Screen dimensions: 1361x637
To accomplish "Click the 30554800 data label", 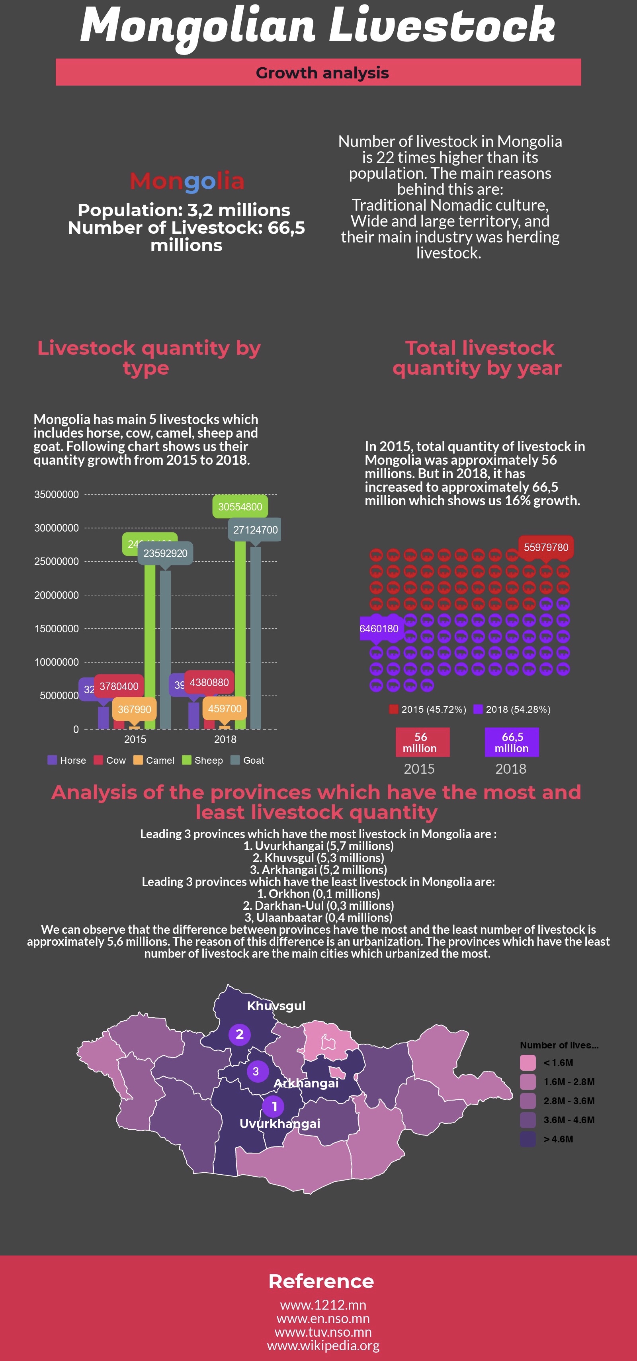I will pos(240,506).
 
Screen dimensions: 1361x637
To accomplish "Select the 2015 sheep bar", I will pos(150,645).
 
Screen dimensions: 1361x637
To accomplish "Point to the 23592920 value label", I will pos(165,553).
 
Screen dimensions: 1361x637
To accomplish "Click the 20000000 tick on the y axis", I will pos(57,595).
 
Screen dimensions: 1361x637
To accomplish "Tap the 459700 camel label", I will pos(225,708).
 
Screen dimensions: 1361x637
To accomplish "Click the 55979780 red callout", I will pos(545,548).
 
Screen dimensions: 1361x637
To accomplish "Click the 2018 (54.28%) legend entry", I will pos(512,710).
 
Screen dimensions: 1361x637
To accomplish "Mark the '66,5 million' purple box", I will pos(512,742).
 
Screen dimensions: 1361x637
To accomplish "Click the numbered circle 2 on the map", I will pos(239,1034).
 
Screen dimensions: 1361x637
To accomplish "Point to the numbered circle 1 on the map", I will pos(274,1106).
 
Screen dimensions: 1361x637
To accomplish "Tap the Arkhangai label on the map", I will pos(306,1083).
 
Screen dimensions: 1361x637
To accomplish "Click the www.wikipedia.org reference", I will pos(323,1345).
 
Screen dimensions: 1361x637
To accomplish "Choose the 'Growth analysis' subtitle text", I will pos(322,73).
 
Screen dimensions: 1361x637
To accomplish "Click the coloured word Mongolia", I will pos(187,181).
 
